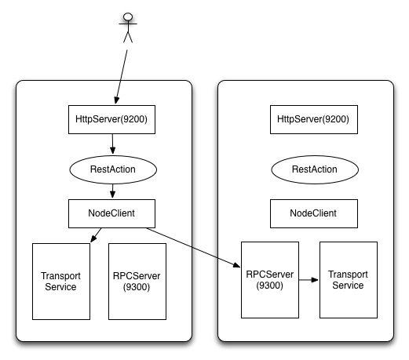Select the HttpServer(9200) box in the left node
(113, 120)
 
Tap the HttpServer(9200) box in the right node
(313, 120)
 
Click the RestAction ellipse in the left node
(113, 169)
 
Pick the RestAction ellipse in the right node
(313, 169)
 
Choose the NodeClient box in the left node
(113, 212)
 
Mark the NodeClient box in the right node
(313, 212)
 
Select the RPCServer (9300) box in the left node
(137, 280)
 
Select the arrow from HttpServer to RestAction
(113, 144)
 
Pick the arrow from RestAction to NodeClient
(113, 191)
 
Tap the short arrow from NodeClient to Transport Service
(95, 234)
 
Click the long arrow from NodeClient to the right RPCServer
(192, 248)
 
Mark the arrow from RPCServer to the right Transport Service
(305, 278)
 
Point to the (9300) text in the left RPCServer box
(137, 286)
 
